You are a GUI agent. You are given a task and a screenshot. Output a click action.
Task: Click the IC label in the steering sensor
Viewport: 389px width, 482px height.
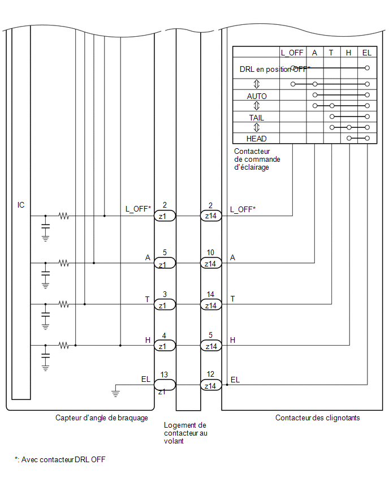click(20, 205)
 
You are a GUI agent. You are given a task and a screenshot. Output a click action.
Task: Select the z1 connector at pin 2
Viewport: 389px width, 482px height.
click(165, 216)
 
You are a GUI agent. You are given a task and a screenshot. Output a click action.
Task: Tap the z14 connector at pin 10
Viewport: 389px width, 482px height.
click(211, 263)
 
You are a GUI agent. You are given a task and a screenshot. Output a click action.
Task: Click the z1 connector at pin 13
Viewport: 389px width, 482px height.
click(165, 385)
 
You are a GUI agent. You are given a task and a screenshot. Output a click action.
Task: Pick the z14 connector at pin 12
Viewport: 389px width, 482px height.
click(211, 385)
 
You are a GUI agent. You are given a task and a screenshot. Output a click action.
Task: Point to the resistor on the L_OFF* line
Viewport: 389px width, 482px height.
click(64, 216)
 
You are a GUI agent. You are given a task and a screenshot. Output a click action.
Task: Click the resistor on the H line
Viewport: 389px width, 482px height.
click(64, 345)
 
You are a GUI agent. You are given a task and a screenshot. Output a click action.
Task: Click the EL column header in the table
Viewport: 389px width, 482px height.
click(367, 53)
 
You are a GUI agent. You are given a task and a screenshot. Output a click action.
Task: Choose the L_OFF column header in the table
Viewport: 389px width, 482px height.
click(292, 53)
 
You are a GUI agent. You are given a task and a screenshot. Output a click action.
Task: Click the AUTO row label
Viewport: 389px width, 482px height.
click(257, 96)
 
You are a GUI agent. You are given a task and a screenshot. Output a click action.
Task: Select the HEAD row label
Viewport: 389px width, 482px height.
click(256, 139)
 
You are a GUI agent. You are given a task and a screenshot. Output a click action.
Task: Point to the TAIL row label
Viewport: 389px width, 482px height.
click(256, 118)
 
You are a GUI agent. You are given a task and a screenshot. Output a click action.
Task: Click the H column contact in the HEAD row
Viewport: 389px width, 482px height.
click(349, 139)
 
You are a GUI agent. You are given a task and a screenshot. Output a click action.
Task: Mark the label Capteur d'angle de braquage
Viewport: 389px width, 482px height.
click(102, 418)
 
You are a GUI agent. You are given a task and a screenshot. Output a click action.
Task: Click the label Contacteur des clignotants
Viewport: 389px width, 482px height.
click(317, 418)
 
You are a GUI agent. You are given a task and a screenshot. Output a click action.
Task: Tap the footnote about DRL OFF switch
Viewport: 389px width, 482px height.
click(60, 459)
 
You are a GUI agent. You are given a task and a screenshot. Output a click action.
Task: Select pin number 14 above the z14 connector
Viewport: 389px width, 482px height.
click(210, 294)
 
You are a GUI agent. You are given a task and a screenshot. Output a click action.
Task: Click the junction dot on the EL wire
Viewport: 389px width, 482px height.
click(227, 385)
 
